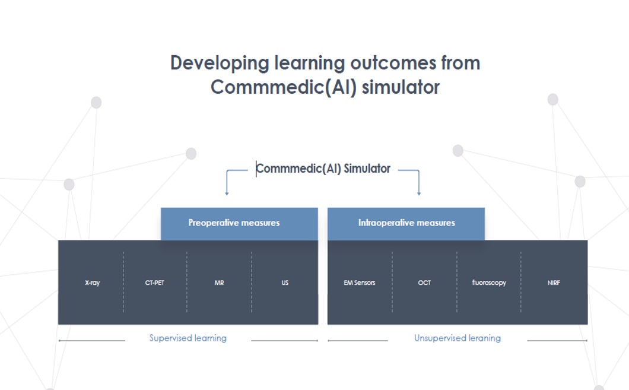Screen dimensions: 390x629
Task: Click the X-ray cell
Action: click(92, 283)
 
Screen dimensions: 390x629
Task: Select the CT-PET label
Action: click(155, 283)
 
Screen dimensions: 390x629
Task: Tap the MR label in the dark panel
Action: click(219, 283)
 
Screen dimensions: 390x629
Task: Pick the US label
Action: click(285, 283)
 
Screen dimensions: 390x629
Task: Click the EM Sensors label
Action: click(360, 283)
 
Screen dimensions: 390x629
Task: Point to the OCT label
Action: click(424, 283)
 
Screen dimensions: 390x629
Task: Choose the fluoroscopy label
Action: click(489, 283)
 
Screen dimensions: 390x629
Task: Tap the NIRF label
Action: click(554, 283)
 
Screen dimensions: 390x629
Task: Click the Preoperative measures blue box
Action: click(234, 223)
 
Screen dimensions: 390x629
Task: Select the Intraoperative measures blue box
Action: click(406, 223)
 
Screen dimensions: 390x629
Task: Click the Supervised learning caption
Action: click(188, 338)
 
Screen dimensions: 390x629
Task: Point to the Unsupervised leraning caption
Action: click(458, 338)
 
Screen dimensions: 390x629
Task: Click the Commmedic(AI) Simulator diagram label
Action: click(323, 169)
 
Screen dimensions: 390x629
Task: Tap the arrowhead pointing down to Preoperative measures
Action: click(227, 192)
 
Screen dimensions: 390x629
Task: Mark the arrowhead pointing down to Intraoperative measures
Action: click(419, 192)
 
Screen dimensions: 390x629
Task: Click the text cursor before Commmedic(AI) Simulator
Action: click(256, 169)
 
